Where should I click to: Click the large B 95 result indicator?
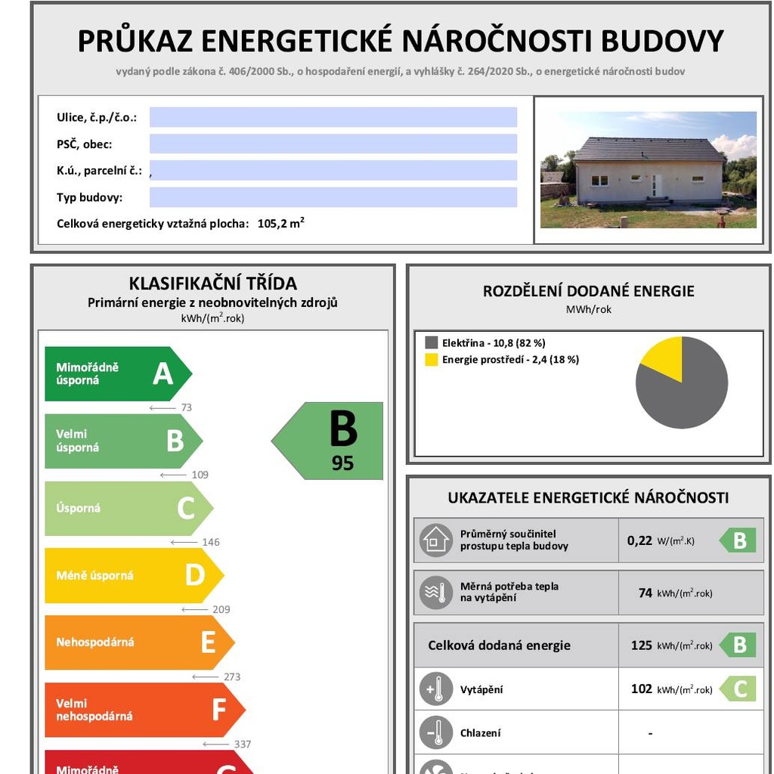pyautogui.click(x=333, y=441)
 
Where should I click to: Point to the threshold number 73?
pyautogui.click(x=186, y=407)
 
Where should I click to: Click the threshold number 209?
pyautogui.click(x=221, y=609)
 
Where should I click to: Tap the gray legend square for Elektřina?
pyautogui.click(x=432, y=342)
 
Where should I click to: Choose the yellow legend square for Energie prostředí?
pyautogui.click(x=432, y=360)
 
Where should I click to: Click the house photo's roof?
pyautogui.click(x=649, y=150)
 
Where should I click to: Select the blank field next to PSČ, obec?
pyautogui.click(x=333, y=144)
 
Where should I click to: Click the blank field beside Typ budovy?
pyautogui.click(x=333, y=197)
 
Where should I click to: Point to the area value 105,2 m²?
pyautogui.click(x=280, y=224)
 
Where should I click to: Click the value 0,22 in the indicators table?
pyautogui.click(x=639, y=540)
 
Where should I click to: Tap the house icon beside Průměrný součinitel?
pyautogui.click(x=436, y=540)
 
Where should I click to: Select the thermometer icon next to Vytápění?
pyautogui.click(x=436, y=689)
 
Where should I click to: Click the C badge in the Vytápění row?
pyautogui.click(x=738, y=689)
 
